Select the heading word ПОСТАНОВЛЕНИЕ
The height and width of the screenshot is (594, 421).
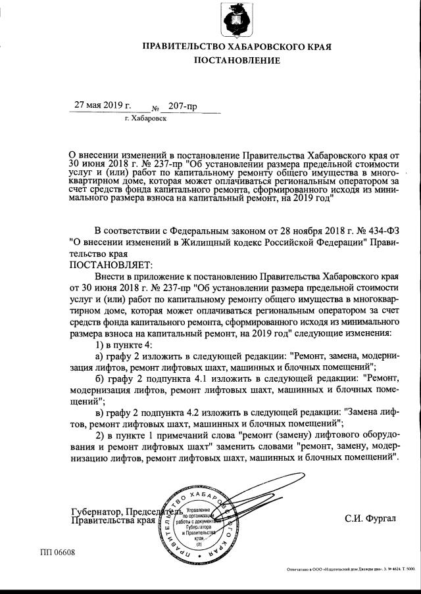tap(236, 60)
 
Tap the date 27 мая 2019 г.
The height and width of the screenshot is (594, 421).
tap(102, 105)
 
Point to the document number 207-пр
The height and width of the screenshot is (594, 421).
tap(182, 106)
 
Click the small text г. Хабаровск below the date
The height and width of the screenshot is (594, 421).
tap(145, 119)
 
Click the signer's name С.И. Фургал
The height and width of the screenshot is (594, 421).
tap(371, 519)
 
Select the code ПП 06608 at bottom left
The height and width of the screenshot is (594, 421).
tap(58, 553)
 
